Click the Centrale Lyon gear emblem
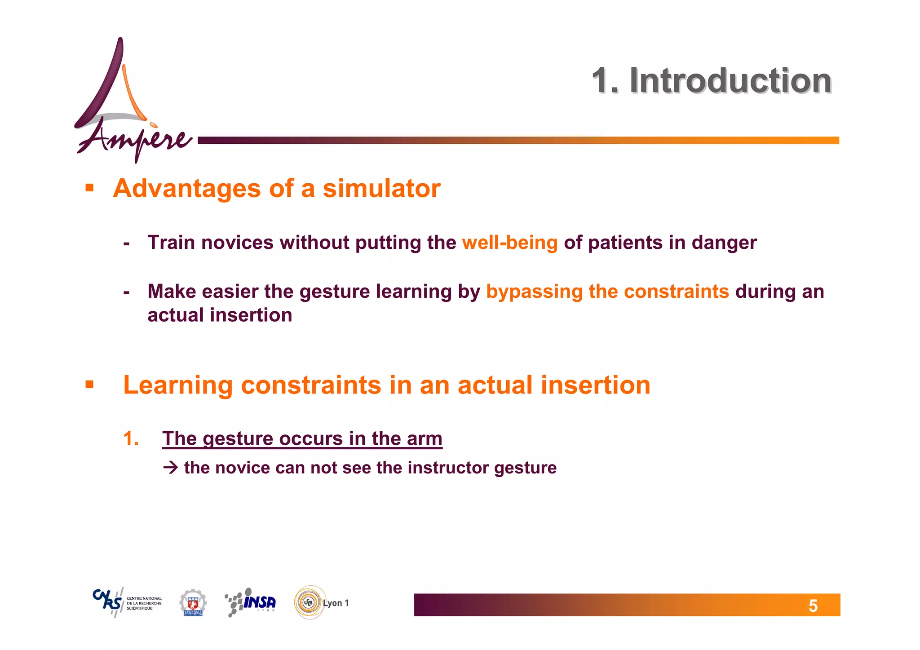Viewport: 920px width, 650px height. [193, 602]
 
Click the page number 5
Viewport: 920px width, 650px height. [813, 606]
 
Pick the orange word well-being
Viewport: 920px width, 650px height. [509, 243]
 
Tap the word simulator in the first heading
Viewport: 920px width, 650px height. [381, 188]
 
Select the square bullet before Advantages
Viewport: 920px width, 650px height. [89, 187]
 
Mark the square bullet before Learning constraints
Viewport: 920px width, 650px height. [89, 385]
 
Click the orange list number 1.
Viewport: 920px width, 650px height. [130, 438]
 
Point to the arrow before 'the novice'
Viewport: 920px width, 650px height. [171, 468]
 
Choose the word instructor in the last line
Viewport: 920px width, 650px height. [442, 468]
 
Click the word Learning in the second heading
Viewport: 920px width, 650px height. [178, 385]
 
